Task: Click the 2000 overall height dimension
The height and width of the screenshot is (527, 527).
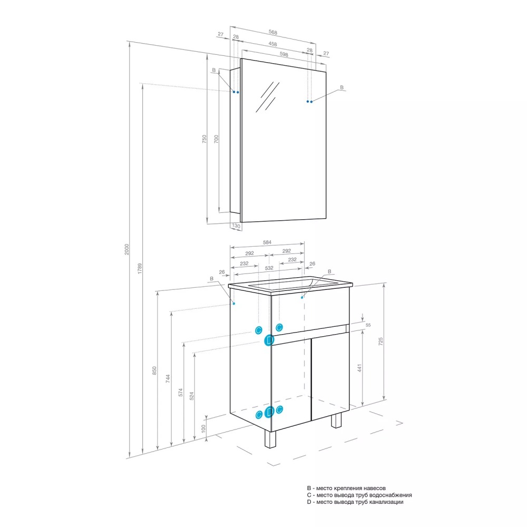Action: [x=126, y=249]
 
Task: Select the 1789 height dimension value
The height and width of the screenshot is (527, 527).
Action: [x=140, y=269]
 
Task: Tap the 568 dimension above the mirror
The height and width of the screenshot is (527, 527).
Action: [x=273, y=32]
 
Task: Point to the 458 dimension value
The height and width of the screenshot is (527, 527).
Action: [x=273, y=44]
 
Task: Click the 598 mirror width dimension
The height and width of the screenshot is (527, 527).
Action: [x=284, y=54]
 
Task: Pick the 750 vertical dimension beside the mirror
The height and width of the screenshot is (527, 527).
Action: [x=204, y=139]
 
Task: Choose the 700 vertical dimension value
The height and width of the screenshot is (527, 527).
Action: [x=216, y=139]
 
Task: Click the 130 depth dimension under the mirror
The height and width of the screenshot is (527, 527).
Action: [x=236, y=226]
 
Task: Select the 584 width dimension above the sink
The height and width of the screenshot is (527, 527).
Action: [x=267, y=242]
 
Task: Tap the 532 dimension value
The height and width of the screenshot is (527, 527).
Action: [x=269, y=268]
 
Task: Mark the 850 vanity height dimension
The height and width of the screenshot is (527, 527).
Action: [x=154, y=370]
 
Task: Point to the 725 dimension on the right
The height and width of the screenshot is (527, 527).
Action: [x=380, y=341]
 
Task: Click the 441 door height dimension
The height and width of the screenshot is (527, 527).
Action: [x=359, y=368]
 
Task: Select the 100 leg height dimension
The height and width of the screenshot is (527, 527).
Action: [x=203, y=428]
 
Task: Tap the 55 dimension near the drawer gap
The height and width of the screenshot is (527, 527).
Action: [x=368, y=325]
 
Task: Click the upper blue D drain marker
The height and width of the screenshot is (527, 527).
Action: [x=269, y=340]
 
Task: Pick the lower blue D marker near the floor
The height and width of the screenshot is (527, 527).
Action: [x=269, y=412]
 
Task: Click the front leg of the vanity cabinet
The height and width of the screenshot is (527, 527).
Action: [x=270, y=438]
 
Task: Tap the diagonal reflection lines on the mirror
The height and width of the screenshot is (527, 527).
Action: [x=268, y=97]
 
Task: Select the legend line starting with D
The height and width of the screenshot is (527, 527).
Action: [x=355, y=502]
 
